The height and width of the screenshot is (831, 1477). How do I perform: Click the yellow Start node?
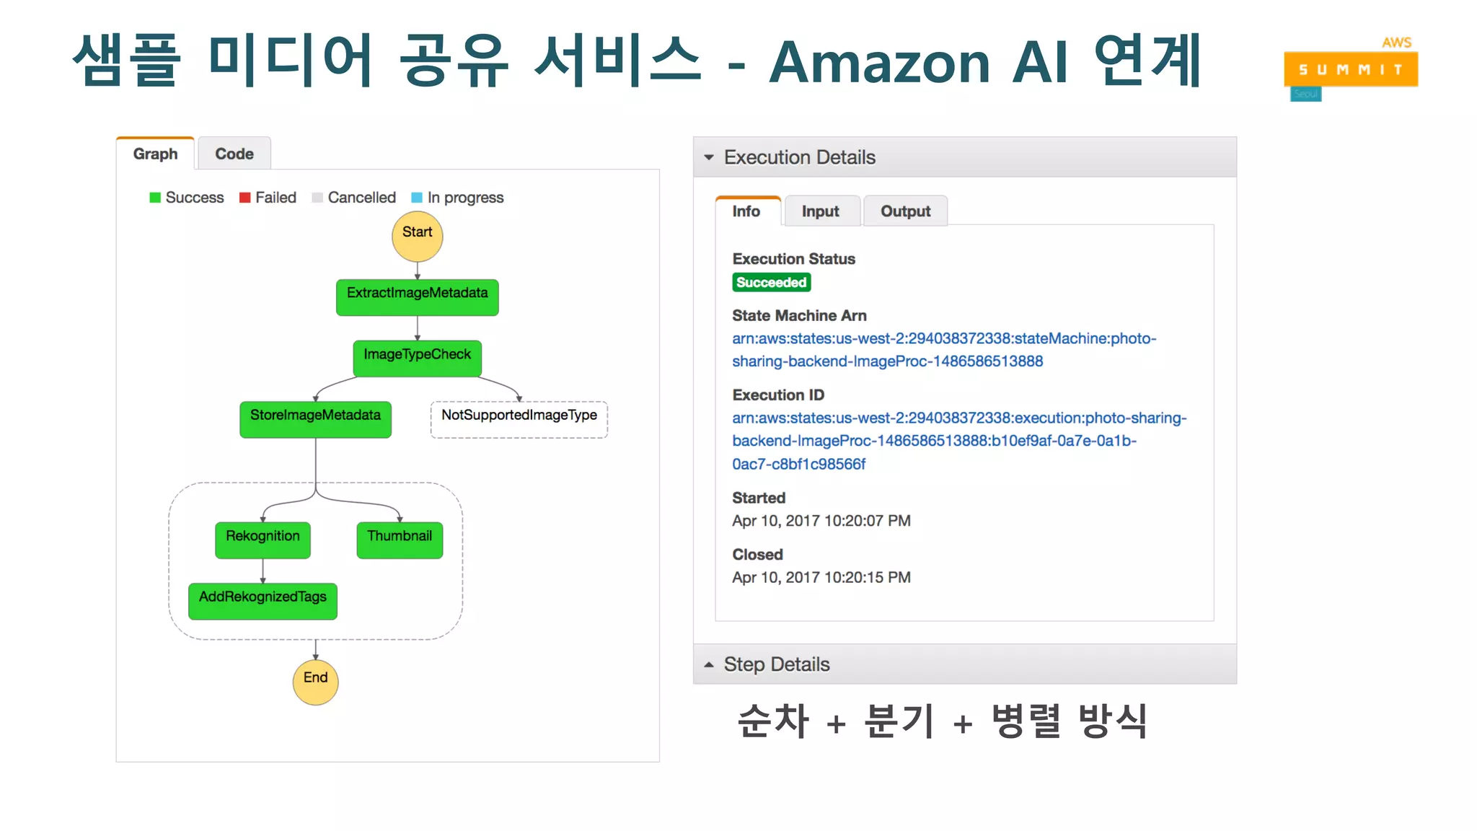(x=417, y=236)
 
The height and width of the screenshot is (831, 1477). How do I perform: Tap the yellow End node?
(x=315, y=681)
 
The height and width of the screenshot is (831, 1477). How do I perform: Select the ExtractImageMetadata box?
(x=417, y=296)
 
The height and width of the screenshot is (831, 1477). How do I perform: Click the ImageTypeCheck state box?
(x=417, y=358)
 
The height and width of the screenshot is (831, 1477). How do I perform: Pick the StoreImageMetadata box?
(x=315, y=418)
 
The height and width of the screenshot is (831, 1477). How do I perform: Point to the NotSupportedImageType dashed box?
(x=519, y=418)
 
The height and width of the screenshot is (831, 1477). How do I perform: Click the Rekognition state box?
(x=263, y=540)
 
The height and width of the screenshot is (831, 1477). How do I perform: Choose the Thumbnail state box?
(x=400, y=540)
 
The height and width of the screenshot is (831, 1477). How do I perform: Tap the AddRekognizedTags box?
(x=263, y=600)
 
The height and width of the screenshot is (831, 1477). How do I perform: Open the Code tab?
(x=234, y=154)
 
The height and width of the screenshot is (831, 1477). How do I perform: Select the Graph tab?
(x=155, y=154)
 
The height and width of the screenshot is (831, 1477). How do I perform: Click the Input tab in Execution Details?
(x=820, y=211)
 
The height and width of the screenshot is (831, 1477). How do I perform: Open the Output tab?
(x=905, y=211)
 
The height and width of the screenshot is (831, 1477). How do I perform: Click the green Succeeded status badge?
(x=771, y=282)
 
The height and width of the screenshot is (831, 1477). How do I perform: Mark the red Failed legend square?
(x=245, y=198)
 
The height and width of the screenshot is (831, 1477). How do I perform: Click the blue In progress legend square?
(x=417, y=198)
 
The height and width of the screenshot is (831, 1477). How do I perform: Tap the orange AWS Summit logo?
(x=1351, y=69)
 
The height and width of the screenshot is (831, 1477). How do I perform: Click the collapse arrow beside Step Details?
(x=709, y=664)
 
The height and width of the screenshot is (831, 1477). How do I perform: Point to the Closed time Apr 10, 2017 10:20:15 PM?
(x=821, y=577)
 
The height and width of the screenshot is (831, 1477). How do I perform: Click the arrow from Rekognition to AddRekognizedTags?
(x=263, y=571)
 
